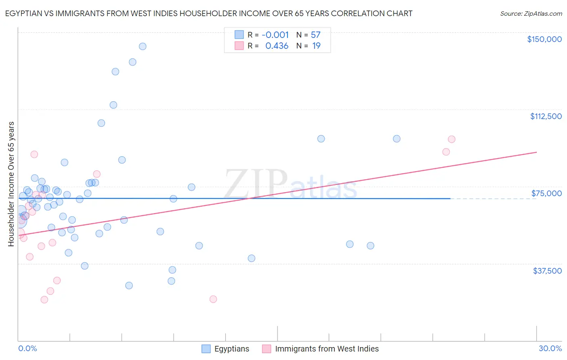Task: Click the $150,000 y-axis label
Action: [x=544, y=39]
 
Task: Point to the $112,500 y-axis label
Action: [x=546, y=116]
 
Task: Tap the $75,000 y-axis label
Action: [x=546, y=193]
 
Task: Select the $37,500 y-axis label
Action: [x=547, y=271]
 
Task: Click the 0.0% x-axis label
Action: [x=27, y=348]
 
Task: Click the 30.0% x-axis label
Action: [x=550, y=348]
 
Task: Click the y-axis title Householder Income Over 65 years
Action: [x=11, y=184]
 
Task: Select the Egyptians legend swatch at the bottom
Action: [x=206, y=349]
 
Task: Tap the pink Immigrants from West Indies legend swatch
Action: [x=267, y=349]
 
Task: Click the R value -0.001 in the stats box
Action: [x=275, y=35]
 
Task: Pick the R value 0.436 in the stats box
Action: [x=277, y=46]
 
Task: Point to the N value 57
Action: [x=315, y=35]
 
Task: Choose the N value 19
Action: [x=316, y=46]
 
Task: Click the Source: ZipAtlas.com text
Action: [x=531, y=14]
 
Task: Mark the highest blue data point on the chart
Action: [x=142, y=46]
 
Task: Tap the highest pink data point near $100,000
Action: [x=452, y=139]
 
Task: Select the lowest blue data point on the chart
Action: [x=129, y=285]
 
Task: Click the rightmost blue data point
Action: [x=397, y=139]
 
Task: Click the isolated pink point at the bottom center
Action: [x=213, y=299]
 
